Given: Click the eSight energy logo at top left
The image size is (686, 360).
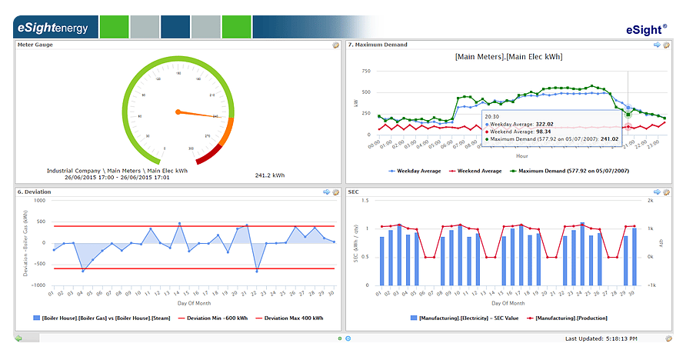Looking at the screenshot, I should click(51, 28).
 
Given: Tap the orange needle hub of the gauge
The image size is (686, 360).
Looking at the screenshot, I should click(178, 112).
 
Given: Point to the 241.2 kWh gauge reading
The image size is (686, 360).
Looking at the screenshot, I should click(270, 175).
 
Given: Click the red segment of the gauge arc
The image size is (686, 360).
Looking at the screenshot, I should click(209, 156).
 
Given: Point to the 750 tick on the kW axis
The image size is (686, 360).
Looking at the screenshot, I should click(365, 71).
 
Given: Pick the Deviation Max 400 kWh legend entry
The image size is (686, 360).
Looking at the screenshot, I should click(288, 318).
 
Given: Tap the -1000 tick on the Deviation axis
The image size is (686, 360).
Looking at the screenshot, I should click(37, 285).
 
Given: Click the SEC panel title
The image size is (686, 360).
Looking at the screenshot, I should click(354, 192).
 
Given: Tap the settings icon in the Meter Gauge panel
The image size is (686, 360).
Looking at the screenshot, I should click(335, 45).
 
